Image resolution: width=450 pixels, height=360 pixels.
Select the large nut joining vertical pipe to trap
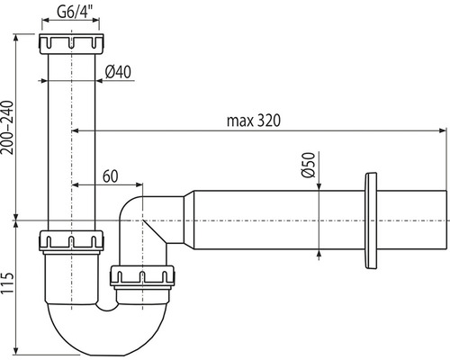click(72, 241)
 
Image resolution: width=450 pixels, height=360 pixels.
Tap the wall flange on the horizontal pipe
click(371, 220)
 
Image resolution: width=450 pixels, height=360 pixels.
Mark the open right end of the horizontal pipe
click(445, 220)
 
